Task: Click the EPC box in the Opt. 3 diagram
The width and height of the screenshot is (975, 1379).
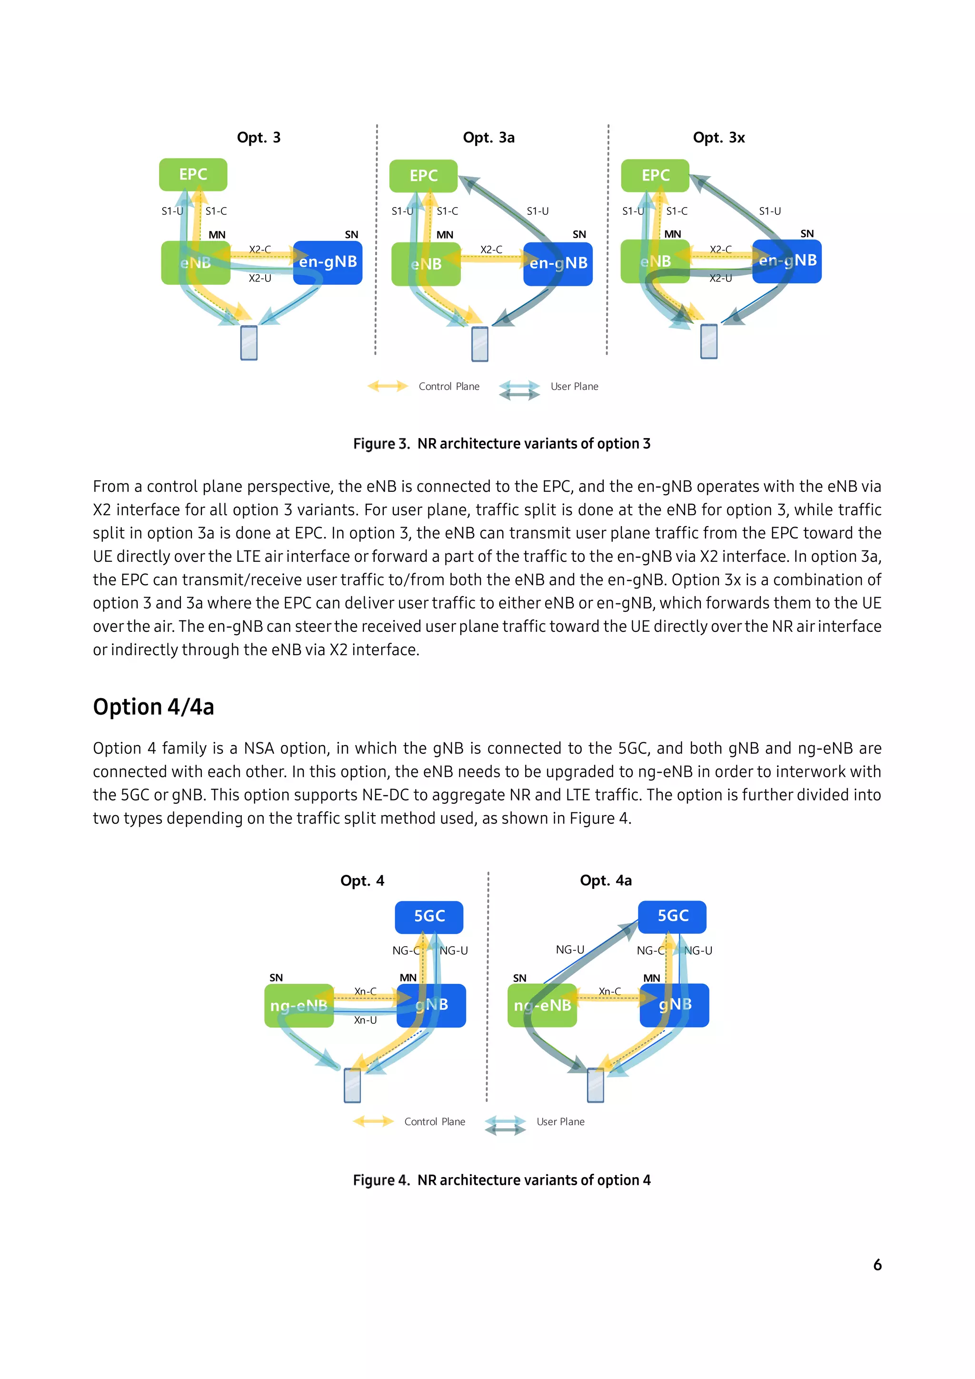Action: tap(193, 175)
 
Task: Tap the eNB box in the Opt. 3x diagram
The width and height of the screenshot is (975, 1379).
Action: tap(655, 261)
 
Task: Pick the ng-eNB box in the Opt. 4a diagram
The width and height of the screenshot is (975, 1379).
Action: tap(542, 1005)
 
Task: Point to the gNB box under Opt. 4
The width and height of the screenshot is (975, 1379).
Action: tap(431, 1005)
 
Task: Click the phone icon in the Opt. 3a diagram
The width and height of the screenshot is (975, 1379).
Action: tap(480, 344)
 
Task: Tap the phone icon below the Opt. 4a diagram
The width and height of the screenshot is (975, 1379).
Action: tap(595, 1085)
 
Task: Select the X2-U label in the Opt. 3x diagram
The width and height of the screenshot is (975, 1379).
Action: tap(720, 278)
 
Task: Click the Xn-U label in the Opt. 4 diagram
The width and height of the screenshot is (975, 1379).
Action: tap(365, 1020)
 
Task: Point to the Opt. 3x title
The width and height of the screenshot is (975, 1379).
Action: tap(719, 138)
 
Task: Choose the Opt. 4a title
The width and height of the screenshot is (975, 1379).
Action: tap(605, 880)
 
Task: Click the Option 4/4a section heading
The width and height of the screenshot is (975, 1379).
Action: tap(153, 707)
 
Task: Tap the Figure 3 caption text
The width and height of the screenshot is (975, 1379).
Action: tap(501, 443)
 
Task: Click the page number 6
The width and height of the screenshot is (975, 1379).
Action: tap(877, 1264)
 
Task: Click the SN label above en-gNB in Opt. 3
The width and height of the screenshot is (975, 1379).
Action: tap(351, 234)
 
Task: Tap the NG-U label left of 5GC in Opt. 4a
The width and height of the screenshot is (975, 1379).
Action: tap(570, 949)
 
